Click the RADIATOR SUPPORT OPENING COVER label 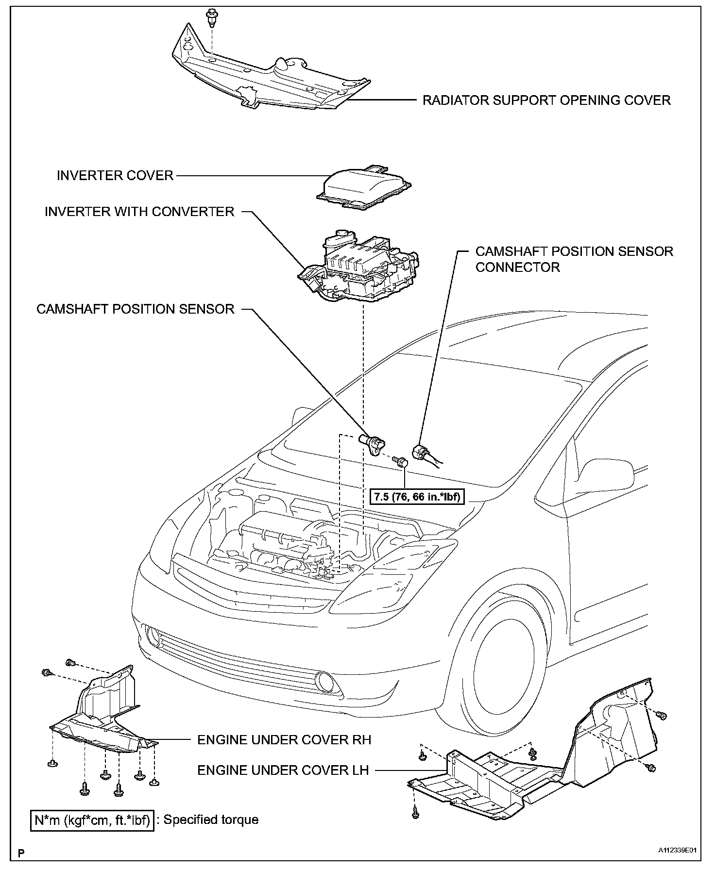[x=546, y=100]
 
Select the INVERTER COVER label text [x=115, y=175]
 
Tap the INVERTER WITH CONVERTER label [x=139, y=212]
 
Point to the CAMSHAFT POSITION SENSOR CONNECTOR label [x=574, y=259]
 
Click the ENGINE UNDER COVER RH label [x=284, y=739]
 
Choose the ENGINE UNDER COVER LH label [x=283, y=770]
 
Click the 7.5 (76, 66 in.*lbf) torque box [x=417, y=497]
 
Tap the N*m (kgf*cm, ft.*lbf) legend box [x=92, y=820]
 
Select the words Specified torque [x=211, y=820]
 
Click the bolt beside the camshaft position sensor [x=401, y=461]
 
